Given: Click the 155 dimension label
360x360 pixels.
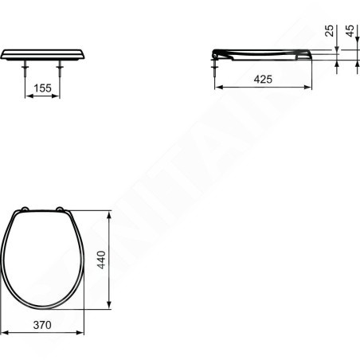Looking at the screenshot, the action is (x=42, y=88).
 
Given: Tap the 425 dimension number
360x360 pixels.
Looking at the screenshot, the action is (x=263, y=79).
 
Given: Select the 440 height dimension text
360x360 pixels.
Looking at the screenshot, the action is (x=101, y=260).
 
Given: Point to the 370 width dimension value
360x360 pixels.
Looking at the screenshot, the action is (x=42, y=325).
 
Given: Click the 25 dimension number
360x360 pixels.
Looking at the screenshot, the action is (x=329, y=30).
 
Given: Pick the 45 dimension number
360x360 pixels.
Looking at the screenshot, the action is (x=350, y=30).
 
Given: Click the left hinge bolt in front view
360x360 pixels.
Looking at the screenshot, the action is (x=25, y=68).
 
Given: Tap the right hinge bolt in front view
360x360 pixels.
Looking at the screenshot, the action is (x=60, y=68).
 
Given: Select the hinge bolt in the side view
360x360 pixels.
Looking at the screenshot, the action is (x=214, y=68).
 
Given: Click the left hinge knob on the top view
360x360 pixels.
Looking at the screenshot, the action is (x=25, y=209).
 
